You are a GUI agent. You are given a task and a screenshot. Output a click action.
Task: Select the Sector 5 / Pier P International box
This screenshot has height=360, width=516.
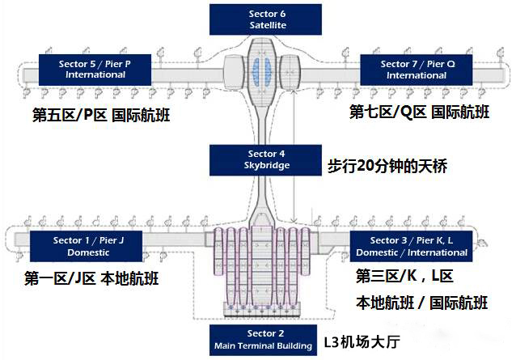point(95,69)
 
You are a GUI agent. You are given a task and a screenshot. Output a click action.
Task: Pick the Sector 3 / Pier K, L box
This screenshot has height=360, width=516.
point(410,246)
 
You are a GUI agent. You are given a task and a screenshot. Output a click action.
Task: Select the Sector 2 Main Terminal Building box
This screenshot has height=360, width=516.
point(261,340)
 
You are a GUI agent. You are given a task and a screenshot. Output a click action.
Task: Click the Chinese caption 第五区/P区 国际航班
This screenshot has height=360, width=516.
point(102,115)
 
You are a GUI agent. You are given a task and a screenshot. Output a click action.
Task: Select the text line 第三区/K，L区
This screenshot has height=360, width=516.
point(404,277)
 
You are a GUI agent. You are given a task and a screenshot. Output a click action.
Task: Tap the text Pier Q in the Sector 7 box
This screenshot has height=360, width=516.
point(431,63)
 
